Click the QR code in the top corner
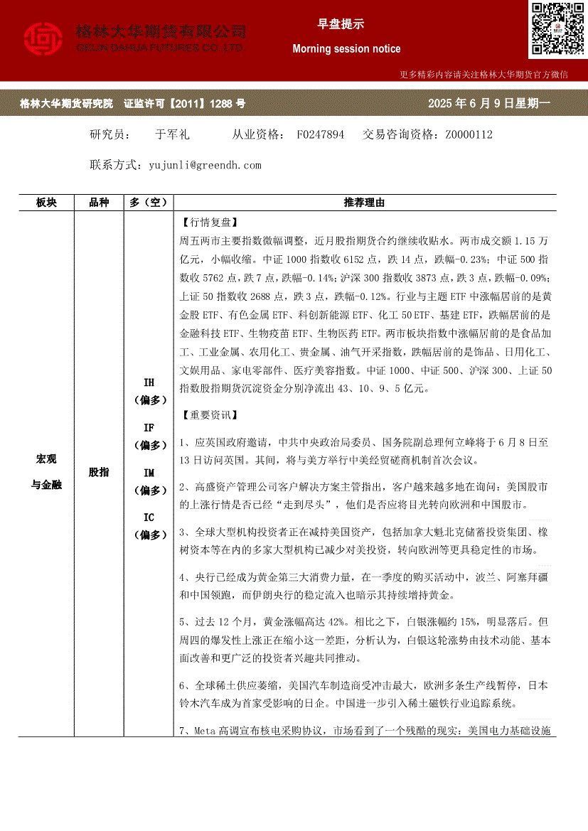(557, 29)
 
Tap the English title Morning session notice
(346, 49)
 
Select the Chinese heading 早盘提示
(341, 24)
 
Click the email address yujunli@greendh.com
(205, 165)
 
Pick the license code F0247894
(321, 134)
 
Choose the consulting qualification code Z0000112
(469, 134)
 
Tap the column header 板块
(46, 203)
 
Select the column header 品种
(99, 203)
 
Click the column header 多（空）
(148, 203)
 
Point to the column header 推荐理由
(364, 203)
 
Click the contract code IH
(149, 382)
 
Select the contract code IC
(149, 518)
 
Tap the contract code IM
(149, 473)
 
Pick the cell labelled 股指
(99, 472)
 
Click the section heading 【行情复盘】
(209, 222)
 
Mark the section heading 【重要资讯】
(209, 414)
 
